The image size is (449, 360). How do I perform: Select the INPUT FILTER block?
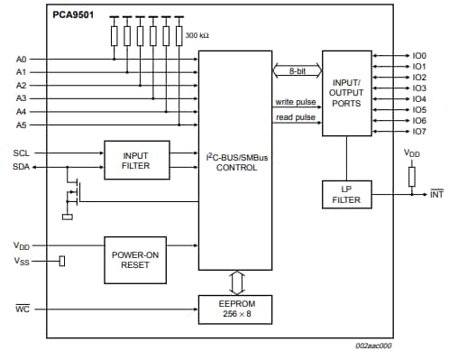click(x=134, y=160)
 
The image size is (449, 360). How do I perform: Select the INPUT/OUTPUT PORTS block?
click(x=345, y=94)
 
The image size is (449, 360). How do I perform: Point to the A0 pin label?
click(x=22, y=60)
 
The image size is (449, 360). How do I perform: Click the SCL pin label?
click(x=21, y=152)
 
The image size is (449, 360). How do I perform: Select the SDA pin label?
click(x=21, y=166)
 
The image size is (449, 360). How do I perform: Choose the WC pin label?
click(x=21, y=309)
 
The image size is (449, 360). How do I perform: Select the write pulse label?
click(x=295, y=102)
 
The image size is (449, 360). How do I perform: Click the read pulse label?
click(x=295, y=118)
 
